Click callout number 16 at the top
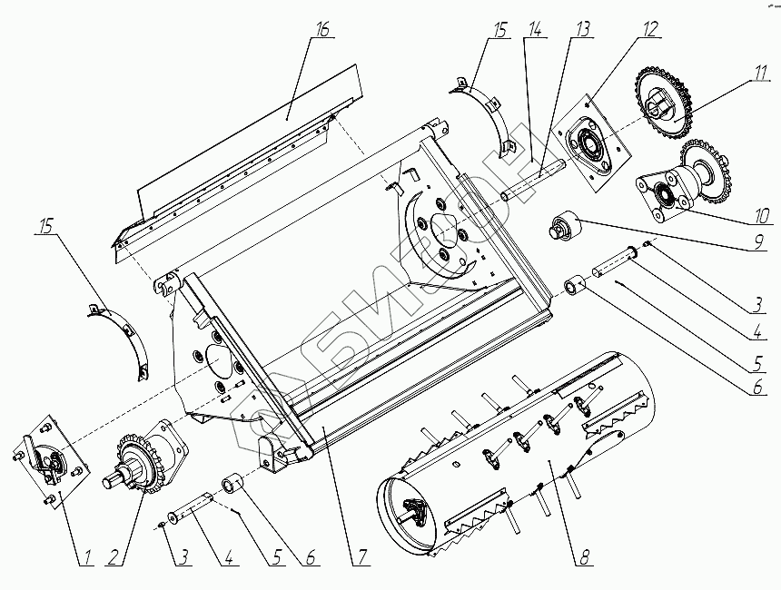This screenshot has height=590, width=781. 322,29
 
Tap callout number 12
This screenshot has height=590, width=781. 649,29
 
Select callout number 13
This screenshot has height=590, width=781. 581,29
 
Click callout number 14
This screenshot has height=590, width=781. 537,29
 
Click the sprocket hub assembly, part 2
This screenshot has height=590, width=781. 145,458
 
